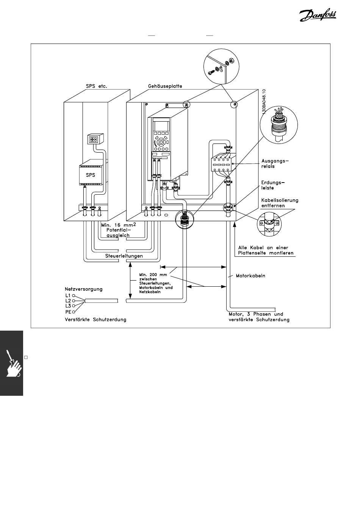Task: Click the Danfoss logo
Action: (318, 16)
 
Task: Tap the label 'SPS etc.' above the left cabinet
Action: (96, 86)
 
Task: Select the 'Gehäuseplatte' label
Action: (165, 86)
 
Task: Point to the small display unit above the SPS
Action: (95, 139)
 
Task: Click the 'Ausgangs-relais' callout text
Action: (275, 164)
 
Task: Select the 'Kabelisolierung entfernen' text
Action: (280, 203)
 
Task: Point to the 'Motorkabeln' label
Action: (250, 276)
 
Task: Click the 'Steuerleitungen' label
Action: (124, 256)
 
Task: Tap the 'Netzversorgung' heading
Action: (84, 289)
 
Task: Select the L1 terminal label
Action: (68, 296)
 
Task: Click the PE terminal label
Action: (68, 312)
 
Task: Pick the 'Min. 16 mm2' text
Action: (118, 225)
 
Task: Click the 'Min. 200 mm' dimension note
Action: (153, 275)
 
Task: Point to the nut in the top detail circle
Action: (230, 60)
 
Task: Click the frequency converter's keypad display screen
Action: (161, 126)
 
